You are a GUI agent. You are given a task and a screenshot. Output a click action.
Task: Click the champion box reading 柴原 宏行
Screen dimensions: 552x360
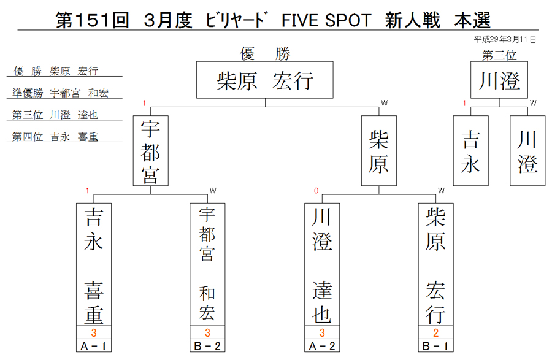tap(265, 80)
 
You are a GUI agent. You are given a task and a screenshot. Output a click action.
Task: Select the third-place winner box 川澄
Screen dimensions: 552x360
tap(499, 80)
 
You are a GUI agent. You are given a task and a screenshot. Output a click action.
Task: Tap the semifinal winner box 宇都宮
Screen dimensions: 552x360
tap(151, 151)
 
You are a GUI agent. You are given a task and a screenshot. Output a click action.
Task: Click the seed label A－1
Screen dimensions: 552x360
tap(94, 345)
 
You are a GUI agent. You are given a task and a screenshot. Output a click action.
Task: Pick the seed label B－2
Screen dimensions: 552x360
tap(207, 345)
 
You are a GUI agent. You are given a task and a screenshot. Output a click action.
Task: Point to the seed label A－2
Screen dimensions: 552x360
tap(322, 345)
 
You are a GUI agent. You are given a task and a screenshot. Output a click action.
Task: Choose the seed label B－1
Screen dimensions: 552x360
tap(436, 345)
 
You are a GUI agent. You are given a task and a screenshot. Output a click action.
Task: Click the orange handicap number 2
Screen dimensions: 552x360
tap(436, 332)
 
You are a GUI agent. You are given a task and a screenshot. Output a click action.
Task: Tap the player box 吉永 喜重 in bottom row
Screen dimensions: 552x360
tap(94, 264)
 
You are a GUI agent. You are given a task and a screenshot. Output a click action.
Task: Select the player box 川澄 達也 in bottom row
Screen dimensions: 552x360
tap(322, 264)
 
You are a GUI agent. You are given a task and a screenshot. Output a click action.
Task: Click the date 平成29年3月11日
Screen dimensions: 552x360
tap(505, 39)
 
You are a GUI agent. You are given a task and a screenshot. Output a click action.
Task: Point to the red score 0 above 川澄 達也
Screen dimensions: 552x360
tap(316, 191)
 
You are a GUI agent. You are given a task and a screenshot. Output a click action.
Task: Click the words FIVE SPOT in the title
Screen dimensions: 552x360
tap(326, 20)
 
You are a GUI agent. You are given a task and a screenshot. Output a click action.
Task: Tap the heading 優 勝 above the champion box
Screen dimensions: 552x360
tap(265, 54)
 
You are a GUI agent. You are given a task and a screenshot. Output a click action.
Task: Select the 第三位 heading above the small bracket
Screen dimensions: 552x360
tap(499, 55)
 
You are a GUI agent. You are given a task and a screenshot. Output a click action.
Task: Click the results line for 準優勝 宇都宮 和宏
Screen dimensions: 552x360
tap(61, 93)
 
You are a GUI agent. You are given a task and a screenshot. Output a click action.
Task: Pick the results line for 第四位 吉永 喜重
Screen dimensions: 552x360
tap(55, 137)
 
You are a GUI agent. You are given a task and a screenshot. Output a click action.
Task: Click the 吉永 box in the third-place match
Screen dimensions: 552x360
tap(470, 151)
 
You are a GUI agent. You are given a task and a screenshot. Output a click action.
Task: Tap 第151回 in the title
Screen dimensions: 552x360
tap(92, 20)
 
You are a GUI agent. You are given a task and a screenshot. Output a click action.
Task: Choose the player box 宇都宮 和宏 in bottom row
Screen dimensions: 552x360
tap(207, 264)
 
